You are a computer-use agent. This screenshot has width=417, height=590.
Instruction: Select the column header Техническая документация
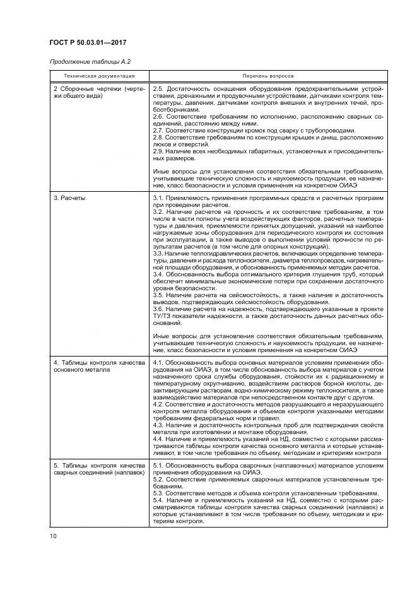click(x=98, y=76)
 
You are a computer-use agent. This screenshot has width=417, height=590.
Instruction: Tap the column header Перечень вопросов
click(x=267, y=76)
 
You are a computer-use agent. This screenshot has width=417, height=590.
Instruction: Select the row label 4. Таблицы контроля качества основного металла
click(x=99, y=366)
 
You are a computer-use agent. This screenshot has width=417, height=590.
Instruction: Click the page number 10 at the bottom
click(x=53, y=536)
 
